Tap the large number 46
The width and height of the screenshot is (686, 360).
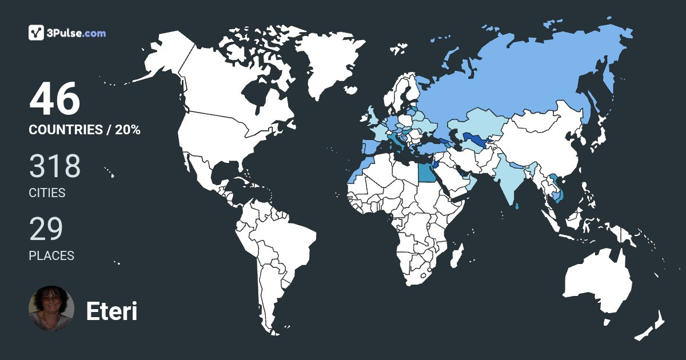point(55,99)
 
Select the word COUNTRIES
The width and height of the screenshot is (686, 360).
point(65,130)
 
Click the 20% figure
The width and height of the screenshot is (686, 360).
point(127,130)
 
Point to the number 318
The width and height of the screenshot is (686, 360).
point(55,166)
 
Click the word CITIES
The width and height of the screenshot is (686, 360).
point(47,193)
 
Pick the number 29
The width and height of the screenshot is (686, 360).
point(46,229)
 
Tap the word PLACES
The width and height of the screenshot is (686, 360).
point(51,256)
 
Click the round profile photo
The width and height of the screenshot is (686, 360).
point(51,309)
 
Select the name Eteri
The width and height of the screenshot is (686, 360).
point(111,311)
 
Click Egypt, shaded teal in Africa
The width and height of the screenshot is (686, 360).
point(426,171)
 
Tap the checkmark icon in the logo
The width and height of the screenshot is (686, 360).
point(37,33)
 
